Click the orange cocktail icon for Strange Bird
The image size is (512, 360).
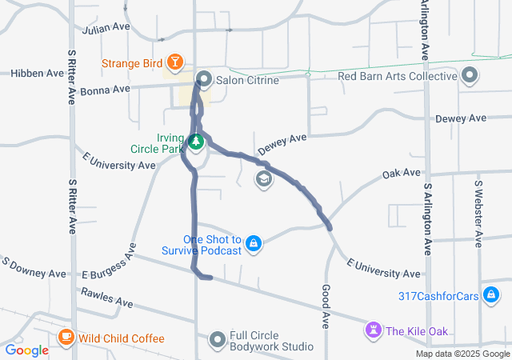[174, 62]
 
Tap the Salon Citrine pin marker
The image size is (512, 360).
[204, 79]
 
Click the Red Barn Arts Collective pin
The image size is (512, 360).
[470, 77]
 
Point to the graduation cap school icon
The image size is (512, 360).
[262, 179]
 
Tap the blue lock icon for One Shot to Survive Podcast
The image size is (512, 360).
[254, 243]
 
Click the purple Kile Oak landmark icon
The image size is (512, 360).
[374, 330]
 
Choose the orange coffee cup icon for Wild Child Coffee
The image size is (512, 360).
[66, 338]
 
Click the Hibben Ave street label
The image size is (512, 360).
[37, 73]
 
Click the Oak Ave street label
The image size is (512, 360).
[401, 173]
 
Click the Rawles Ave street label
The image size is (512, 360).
[106, 298]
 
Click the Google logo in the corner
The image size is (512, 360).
[27, 350]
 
